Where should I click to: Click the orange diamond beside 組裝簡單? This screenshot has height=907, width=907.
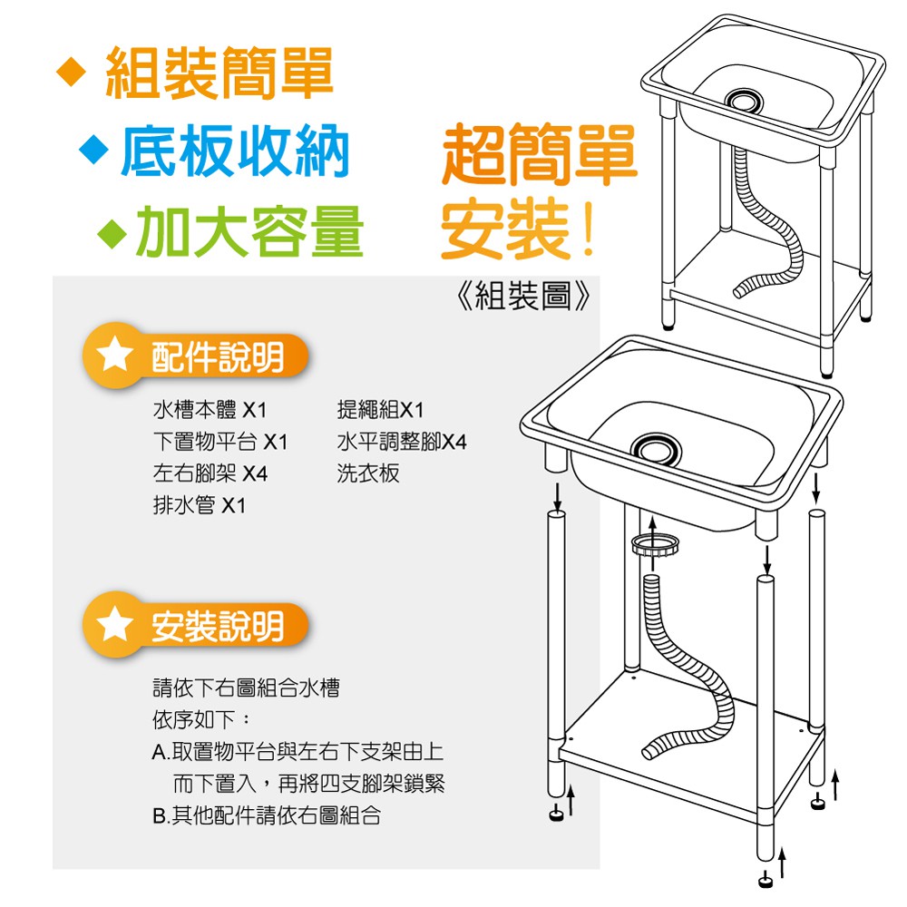coord(72,73)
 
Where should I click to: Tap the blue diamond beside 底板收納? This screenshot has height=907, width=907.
coord(94,150)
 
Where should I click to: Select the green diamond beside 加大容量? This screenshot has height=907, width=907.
coord(112,233)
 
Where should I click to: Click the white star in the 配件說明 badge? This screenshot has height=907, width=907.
coord(114,354)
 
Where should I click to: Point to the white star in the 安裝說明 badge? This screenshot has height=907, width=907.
coord(114,624)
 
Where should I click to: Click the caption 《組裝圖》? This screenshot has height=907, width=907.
coord(523,296)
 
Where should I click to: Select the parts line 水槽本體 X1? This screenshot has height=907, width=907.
coord(210,410)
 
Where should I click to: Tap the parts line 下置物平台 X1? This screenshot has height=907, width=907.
coord(219,442)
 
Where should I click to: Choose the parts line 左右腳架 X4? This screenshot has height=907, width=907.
coord(210,473)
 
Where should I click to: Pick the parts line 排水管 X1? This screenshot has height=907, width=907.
coord(199,505)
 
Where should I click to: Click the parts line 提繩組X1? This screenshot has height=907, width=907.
coord(380,410)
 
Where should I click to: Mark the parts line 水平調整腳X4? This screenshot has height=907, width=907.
coord(402,442)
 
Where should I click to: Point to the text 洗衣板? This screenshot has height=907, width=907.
coord(368,473)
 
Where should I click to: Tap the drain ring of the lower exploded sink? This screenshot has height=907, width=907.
coord(656,449)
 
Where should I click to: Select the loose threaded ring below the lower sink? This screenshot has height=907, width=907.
coord(654,544)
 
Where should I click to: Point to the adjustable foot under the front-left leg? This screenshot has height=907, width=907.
coord(556,814)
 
